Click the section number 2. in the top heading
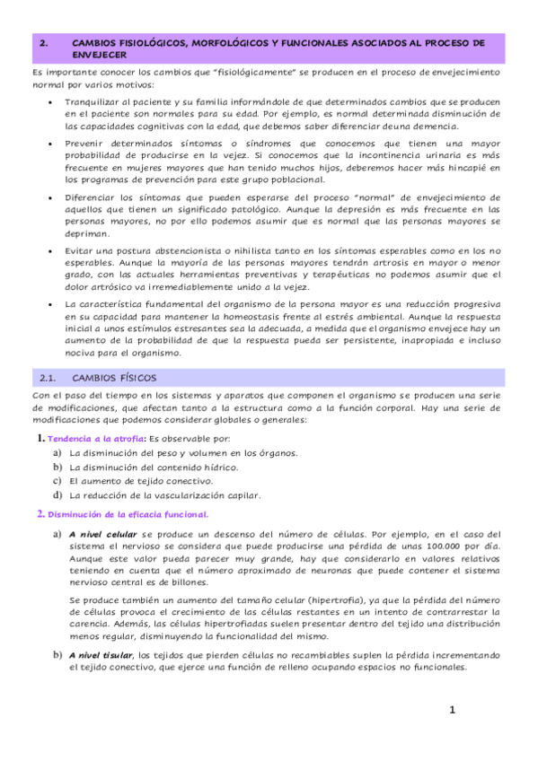coord(44,42)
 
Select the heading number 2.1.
coord(45,378)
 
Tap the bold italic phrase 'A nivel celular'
coord(103,534)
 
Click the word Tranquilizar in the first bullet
coord(94,102)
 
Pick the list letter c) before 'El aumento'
coord(57,481)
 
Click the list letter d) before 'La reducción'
coord(57,494)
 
